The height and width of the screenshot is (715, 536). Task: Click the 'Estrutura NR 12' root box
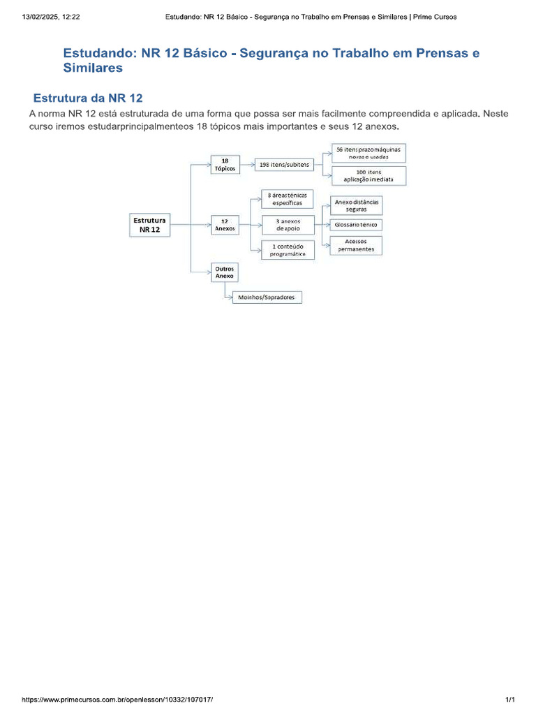pyautogui.click(x=149, y=224)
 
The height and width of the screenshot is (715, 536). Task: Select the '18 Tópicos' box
pyautogui.click(x=225, y=165)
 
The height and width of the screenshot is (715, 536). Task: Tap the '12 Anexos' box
pyautogui.click(x=225, y=224)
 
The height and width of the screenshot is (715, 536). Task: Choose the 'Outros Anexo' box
pyautogui.click(x=225, y=272)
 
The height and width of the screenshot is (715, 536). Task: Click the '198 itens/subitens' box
pyautogui.click(x=284, y=165)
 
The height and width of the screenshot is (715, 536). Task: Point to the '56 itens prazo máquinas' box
pyautogui.click(x=368, y=153)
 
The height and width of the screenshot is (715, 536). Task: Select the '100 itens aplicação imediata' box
pyautogui.click(x=368, y=175)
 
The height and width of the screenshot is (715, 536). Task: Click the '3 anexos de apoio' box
pyautogui.click(x=287, y=224)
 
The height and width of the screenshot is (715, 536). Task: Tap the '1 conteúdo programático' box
pyautogui.click(x=287, y=250)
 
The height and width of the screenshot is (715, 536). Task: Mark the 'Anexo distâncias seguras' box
pyautogui.click(x=356, y=205)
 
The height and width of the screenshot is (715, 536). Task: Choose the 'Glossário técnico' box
pyautogui.click(x=357, y=225)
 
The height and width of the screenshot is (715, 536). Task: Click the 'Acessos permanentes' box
pyautogui.click(x=356, y=245)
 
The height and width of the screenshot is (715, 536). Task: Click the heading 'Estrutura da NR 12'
pyautogui.click(x=88, y=98)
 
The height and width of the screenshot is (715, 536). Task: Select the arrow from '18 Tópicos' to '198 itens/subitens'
pyautogui.click(x=246, y=165)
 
